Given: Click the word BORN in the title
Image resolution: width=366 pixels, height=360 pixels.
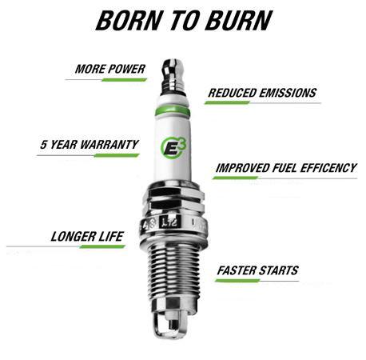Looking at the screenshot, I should pyautogui.click(x=127, y=21).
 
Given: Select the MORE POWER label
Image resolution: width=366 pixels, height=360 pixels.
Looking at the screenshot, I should pyautogui.click(x=109, y=69).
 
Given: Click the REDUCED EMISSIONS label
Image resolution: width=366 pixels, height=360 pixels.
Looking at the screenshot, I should pyautogui.click(x=261, y=93).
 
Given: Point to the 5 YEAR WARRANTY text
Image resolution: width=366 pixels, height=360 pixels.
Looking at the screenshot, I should pyautogui.click(x=89, y=146).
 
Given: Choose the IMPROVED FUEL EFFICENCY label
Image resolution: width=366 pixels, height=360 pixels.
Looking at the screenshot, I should pyautogui.click(x=284, y=168).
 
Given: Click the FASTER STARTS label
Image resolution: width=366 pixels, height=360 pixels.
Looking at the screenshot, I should pyautogui.click(x=257, y=270).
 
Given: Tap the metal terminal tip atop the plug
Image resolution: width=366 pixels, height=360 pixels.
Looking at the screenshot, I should pyautogui.click(x=175, y=70).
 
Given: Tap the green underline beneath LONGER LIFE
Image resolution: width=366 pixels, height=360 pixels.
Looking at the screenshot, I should pyautogui.click(x=101, y=246).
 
